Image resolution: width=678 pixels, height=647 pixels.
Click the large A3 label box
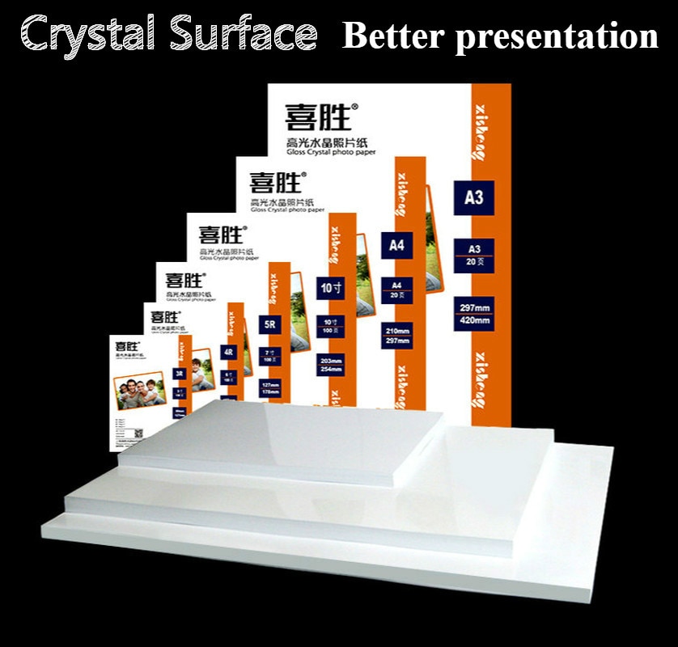coord(473,197)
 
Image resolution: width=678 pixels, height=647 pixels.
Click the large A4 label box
coord(396,246)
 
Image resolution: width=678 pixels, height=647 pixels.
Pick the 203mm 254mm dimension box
coord(329,365)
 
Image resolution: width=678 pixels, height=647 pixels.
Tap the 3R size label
coord(180,374)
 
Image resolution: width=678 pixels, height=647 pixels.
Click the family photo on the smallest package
coord(140,394)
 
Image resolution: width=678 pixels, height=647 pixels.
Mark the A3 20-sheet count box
coord(473,252)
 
